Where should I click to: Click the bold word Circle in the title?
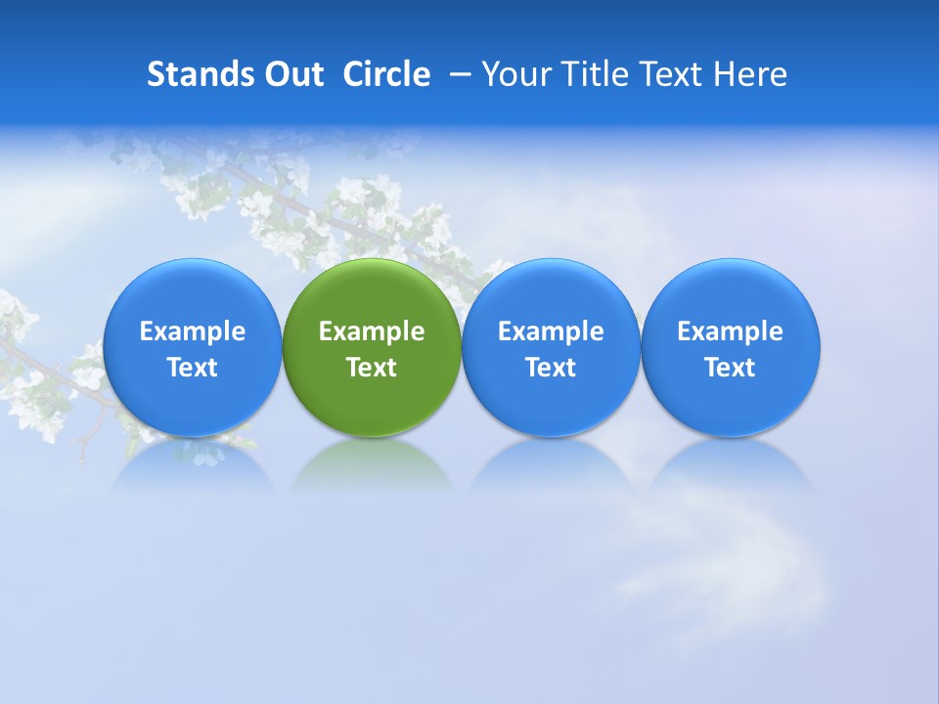click(x=386, y=74)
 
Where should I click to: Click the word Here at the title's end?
click(x=750, y=74)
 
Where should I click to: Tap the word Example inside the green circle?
click(x=372, y=331)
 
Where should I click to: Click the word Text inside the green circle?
click(x=372, y=368)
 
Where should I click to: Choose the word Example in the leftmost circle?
click(x=192, y=331)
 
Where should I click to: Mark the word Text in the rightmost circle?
click(x=731, y=368)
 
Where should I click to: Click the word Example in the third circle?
click(x=551, y=331)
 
